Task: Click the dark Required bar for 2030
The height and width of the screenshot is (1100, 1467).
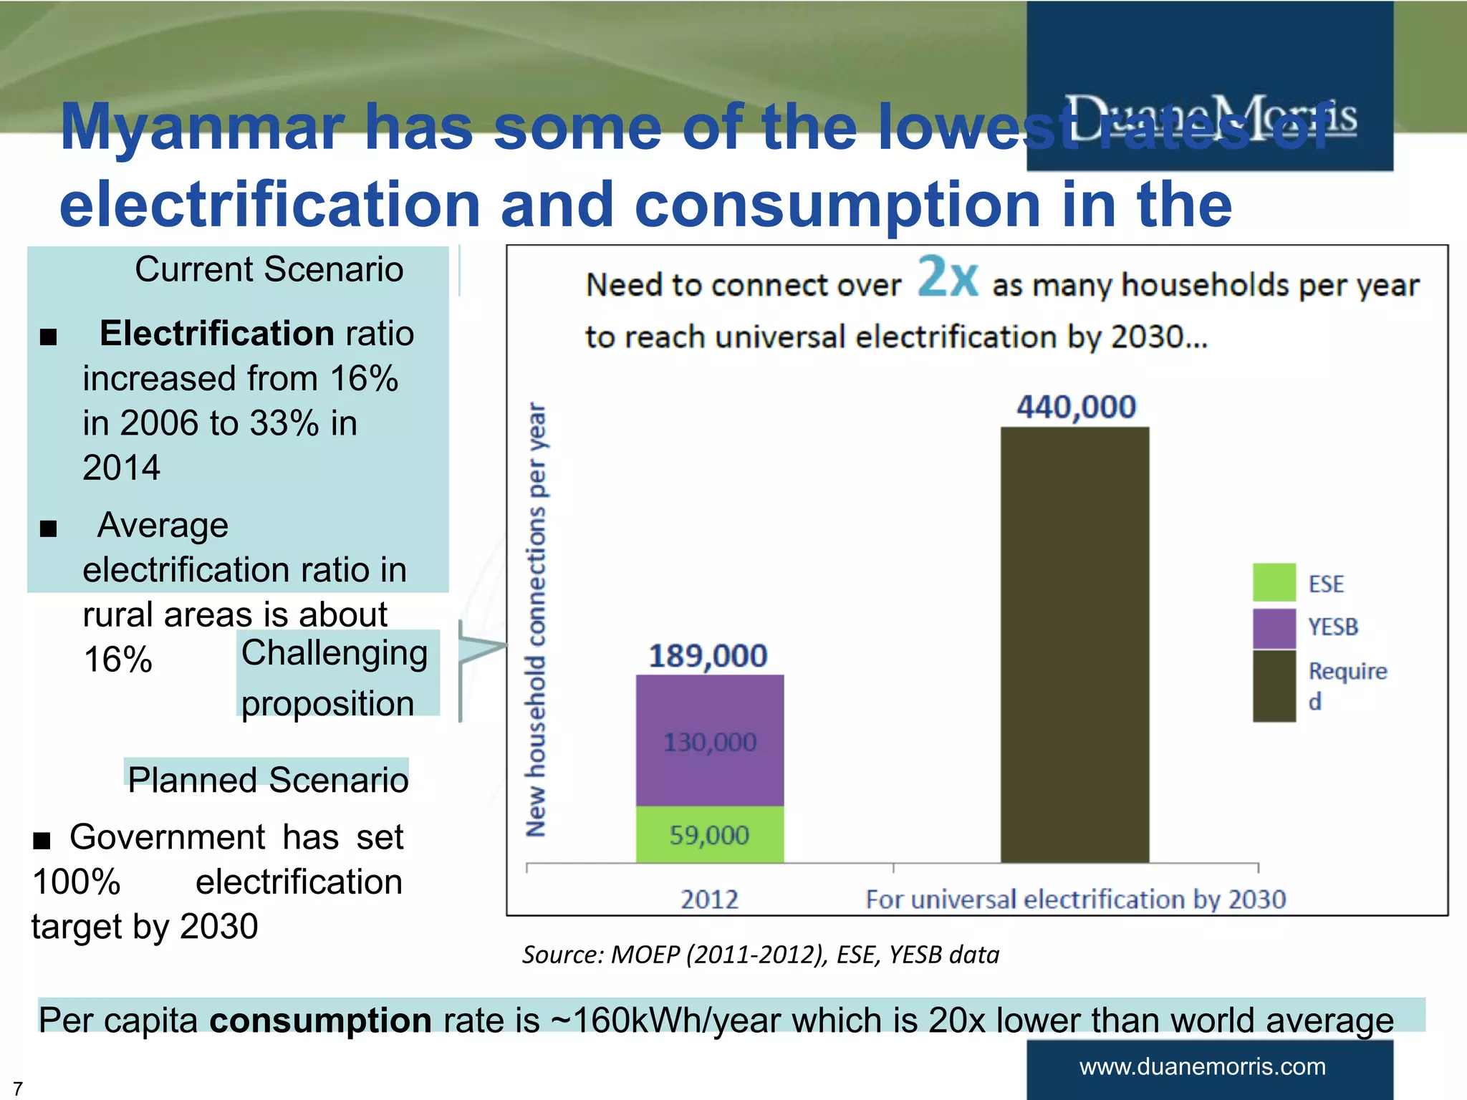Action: pyautogui.click(x=1074, y=645)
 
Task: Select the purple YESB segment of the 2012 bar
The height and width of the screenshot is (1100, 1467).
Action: pyautogui.click(x=710, y=740)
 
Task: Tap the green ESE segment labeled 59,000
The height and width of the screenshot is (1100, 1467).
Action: pyautogui.click(x=710, y=834)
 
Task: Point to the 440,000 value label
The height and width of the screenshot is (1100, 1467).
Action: pyautogui.click(x=1076, y=407)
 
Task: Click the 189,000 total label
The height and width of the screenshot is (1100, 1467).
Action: pyautogui.click(x=708, y=655)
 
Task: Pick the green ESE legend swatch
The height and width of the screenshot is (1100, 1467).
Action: pyautogui.click(x=1274, y=582)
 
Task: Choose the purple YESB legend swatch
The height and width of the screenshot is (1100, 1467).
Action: pyautogui.click(x=1274, y=627)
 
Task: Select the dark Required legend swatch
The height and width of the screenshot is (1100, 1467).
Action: pyautogui.click(x=1274, y=685)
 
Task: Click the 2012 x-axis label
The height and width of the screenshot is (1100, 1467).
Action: pyautogui.click(x=709, y=899)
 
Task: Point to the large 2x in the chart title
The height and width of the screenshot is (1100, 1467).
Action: pyautogui.click(x=947, y=276)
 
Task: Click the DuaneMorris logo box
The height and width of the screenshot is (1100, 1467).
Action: pyautogui.click(x=1209, y=86)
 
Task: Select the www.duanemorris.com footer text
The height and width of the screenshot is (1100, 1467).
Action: pyautogui.click(x=1202, y=1066)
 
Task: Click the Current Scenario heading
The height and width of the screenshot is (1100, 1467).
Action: pyautogui.click(x=269, y=270)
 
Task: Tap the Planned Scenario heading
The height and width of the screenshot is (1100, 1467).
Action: pyautogui.click(x=268, y=779)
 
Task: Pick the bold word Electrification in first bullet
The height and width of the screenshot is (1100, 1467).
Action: pyautogui.click(x=216, y=334)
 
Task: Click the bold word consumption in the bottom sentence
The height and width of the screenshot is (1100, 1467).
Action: pyautogui.click(x=320, y=1020)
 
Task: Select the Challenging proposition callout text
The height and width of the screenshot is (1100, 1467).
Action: pyautogui.click(x=335, y=677)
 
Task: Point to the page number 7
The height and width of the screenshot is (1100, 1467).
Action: pyautogui.click(x=18, y=1089)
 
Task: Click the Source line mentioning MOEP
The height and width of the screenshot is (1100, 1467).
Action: pyautogui.click(x=760, y=955)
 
